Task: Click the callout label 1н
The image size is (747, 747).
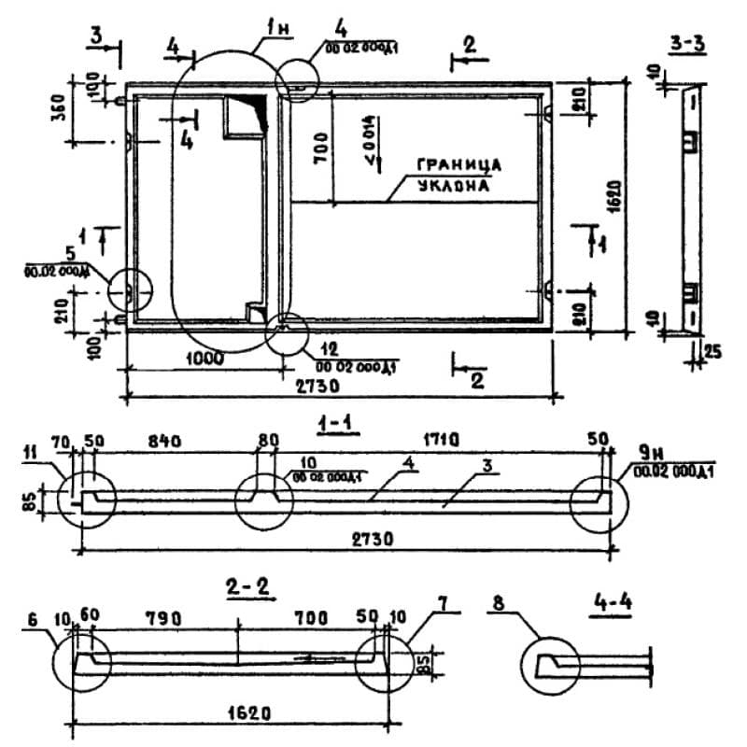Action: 276,28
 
